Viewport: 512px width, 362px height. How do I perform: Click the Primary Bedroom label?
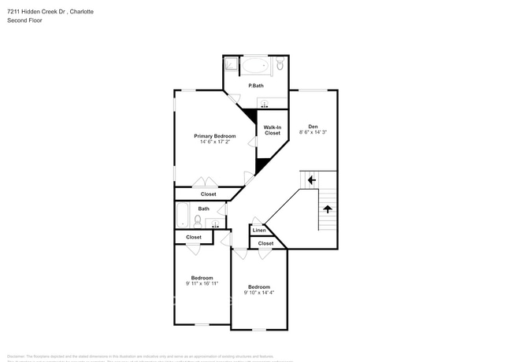pos(214,135)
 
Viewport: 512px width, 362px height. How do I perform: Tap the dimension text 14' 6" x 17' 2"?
pos(214,142)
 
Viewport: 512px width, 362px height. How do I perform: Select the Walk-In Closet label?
pos(272,131)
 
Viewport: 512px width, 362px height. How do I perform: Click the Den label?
pos(313,126)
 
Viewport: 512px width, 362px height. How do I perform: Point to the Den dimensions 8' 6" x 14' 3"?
pos(313,132)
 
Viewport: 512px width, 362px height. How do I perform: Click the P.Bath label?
pos(255,85)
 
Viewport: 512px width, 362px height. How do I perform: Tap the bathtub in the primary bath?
pos(254,65)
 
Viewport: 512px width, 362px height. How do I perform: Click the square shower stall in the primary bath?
pos(231,65)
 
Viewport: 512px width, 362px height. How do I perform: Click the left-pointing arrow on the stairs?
pos(312,180)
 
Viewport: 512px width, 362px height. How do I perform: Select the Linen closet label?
pos(258,231)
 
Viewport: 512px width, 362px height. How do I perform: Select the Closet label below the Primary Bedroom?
pos(208,194)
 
